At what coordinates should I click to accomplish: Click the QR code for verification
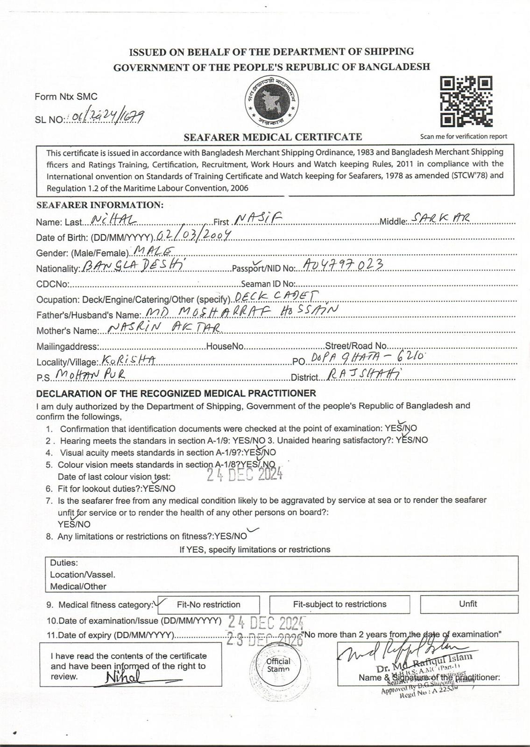[466, 101]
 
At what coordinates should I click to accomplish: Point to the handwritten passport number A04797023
[343, 265]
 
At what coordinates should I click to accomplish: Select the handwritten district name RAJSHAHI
[364, 374]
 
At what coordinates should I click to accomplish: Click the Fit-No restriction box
[208, 605]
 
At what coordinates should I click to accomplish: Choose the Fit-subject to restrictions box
[339, 604]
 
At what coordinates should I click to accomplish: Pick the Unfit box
[468, 604]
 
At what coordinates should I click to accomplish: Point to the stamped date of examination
[266, 621]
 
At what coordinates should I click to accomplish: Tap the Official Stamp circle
[278, 665]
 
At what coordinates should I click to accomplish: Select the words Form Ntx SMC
[66, 97]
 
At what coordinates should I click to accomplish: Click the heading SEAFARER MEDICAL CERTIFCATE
[273, 137]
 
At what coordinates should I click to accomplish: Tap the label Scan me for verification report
[463, 136]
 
